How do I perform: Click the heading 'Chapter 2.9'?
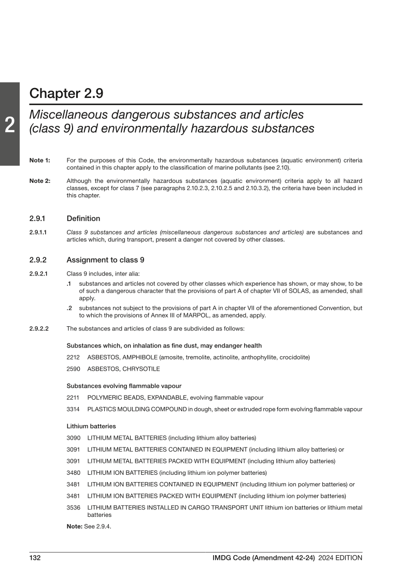[66, 94]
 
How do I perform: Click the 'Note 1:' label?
[40, 161]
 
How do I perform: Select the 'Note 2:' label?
[40, 181]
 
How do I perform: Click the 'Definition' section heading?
[83, 219]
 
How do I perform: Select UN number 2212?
[74, 357]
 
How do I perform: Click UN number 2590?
[74, 369]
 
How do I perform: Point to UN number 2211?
[74, 398]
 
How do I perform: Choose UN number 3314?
[74, 409]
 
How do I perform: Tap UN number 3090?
[74, 438]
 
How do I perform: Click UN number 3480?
[74, 473]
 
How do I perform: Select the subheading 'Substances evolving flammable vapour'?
[124, 386]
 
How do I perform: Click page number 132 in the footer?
[35, 558]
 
